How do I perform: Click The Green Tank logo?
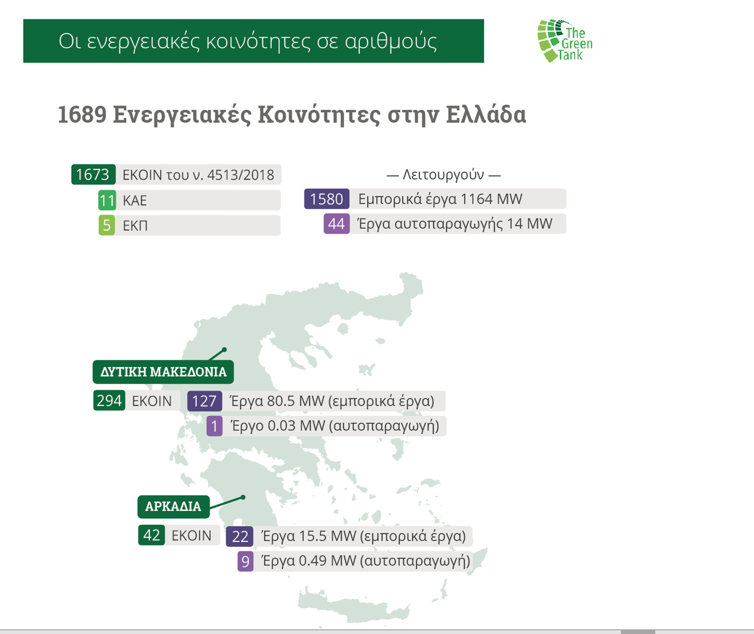tap(565, 41)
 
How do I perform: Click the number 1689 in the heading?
tap(82, 115)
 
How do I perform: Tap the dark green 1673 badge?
tap(93, 175)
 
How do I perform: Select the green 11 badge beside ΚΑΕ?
tap(107, 200)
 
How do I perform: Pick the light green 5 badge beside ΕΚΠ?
tap(107, 225)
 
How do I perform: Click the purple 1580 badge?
tap(327, 199)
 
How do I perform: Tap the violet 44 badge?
tap(337, 223)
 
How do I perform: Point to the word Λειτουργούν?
tap(443, 175)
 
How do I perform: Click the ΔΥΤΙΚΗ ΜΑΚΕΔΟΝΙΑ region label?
tap(163, 372)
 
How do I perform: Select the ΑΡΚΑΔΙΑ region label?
tap(173, 506)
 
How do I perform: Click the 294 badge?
tap(109, 400)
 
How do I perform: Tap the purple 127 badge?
tap(204, 401)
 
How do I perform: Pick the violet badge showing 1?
tap(215, 426)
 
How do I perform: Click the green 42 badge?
tap(152, 535)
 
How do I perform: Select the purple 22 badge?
tap(240, 536)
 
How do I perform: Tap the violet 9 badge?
tap(245, 561)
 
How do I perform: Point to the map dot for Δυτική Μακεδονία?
tap(224, 349)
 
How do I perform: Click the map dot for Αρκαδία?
tap(243, 497)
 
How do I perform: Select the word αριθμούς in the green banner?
tap(390, 41)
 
